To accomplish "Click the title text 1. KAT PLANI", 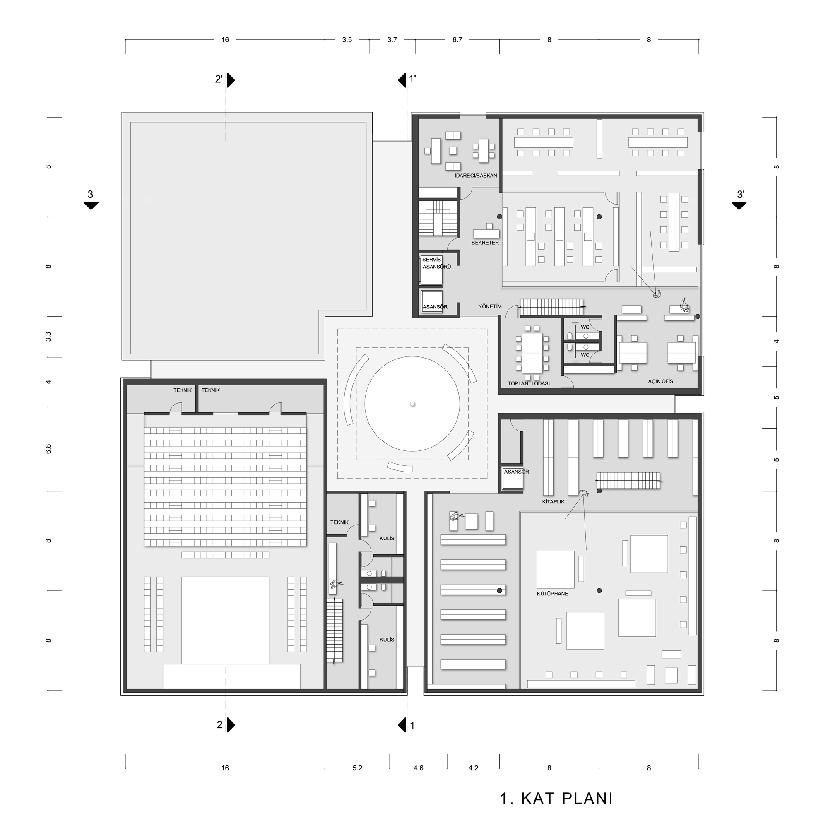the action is [x=556, y=799].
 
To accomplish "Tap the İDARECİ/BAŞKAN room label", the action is [x=476, y=175].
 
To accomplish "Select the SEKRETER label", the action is [x=485, y=243].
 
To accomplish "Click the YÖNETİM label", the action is [x=490, y=306].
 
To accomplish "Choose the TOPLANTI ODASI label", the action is [x=528, y=383].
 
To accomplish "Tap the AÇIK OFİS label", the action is [x=660, y=381].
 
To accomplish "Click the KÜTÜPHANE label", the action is [x=552, y=594].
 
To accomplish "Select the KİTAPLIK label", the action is [x=553, y=501].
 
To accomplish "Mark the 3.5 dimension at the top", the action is [x=347, y=40].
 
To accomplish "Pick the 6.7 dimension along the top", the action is [x=457, y=40].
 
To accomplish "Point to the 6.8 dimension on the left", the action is [x=48, y=449].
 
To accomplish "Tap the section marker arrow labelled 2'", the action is [x=231, y=80].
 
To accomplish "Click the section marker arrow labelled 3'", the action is [x=739, y=206].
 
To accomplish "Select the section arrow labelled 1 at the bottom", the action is [x=402, y=725].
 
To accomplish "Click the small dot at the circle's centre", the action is [x=412, y=404].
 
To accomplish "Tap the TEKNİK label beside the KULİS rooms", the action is [x=339, y=522].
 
